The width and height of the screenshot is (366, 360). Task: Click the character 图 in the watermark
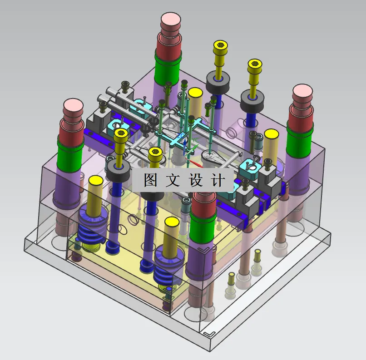click(x=151, y=180)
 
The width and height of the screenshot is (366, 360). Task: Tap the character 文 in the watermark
click(x=173, y=180)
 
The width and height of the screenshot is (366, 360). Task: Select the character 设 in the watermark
click(x=196, y=180)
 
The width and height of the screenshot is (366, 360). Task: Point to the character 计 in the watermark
click(x=218, y=180)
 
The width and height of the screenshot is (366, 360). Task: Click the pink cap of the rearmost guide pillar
click(x=171, y=20)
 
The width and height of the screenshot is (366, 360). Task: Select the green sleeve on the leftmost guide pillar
click(x=70, y=155)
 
